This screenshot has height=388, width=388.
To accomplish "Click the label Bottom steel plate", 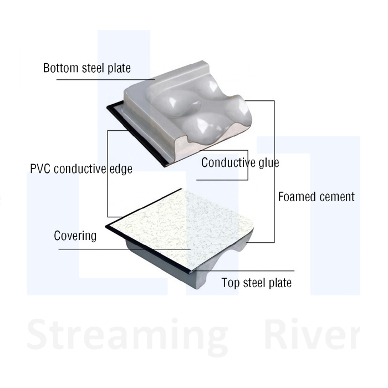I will [87, 69].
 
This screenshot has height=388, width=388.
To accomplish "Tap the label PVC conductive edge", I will [81, 169].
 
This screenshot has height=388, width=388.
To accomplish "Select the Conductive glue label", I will [240, 163].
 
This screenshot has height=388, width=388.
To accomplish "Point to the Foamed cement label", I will [316, 196].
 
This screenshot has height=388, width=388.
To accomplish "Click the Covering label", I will [75, 236].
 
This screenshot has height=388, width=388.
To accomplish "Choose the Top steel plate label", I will [256, 283].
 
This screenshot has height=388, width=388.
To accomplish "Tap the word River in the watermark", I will [311, 334].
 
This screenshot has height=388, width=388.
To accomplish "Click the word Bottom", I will [59, 69].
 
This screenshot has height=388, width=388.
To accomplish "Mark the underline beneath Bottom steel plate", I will [105, 80].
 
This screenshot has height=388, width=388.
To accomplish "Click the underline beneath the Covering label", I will [122, 249].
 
